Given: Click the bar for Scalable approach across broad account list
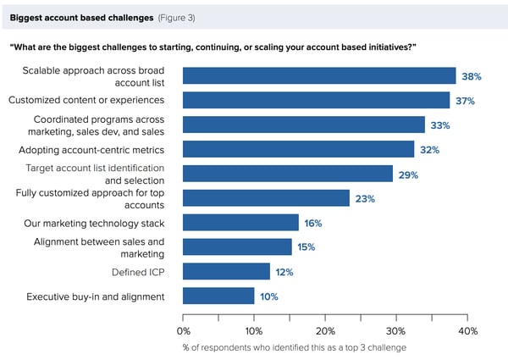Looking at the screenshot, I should pyautogui.click(x=319, y=76).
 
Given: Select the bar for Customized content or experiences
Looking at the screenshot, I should pyautogui.click(x=316, y=100).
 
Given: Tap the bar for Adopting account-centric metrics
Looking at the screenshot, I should pyautogui.click(x=298, y=149).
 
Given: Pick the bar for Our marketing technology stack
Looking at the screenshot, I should pyautogui.click(x=240, y=223).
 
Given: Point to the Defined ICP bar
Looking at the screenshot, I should pyautogui.click(x=226, y=272).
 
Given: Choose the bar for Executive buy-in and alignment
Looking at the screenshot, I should pyautogui.click(x=218, y=296).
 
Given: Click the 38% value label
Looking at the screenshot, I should pyautogui.click(x=471, y=76).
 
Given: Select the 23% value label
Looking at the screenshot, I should pyautogui.click(x=365, y=198).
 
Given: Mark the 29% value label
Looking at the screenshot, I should pyautogui.click(x=408, y=174).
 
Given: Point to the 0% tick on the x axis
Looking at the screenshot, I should pyautogui.click(x=183, y=330).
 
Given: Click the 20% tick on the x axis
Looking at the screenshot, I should pyautogui.click(x=325, y=330).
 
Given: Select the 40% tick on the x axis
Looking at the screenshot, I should pyautogui.click(x=467, y=330).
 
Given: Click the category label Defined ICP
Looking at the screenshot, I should pyautogui.click(x=142, y=272).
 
